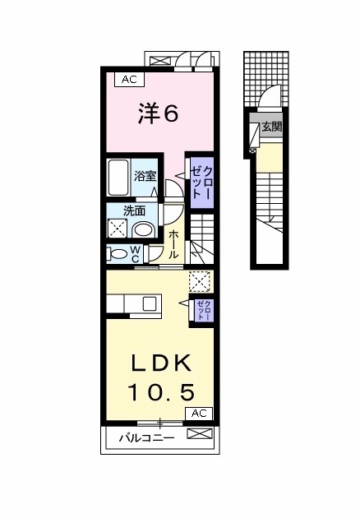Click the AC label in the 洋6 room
click(128, 80)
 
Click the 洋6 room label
click(158, 114)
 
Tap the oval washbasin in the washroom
click(145, 229)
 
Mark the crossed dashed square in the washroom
click(118, 229)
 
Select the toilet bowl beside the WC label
click(118, 252)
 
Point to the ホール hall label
click(175, 244)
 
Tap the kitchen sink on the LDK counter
click(150, 303)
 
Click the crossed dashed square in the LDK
click(199, 281)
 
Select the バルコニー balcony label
click(144, 437)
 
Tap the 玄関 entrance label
click(271, 127)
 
